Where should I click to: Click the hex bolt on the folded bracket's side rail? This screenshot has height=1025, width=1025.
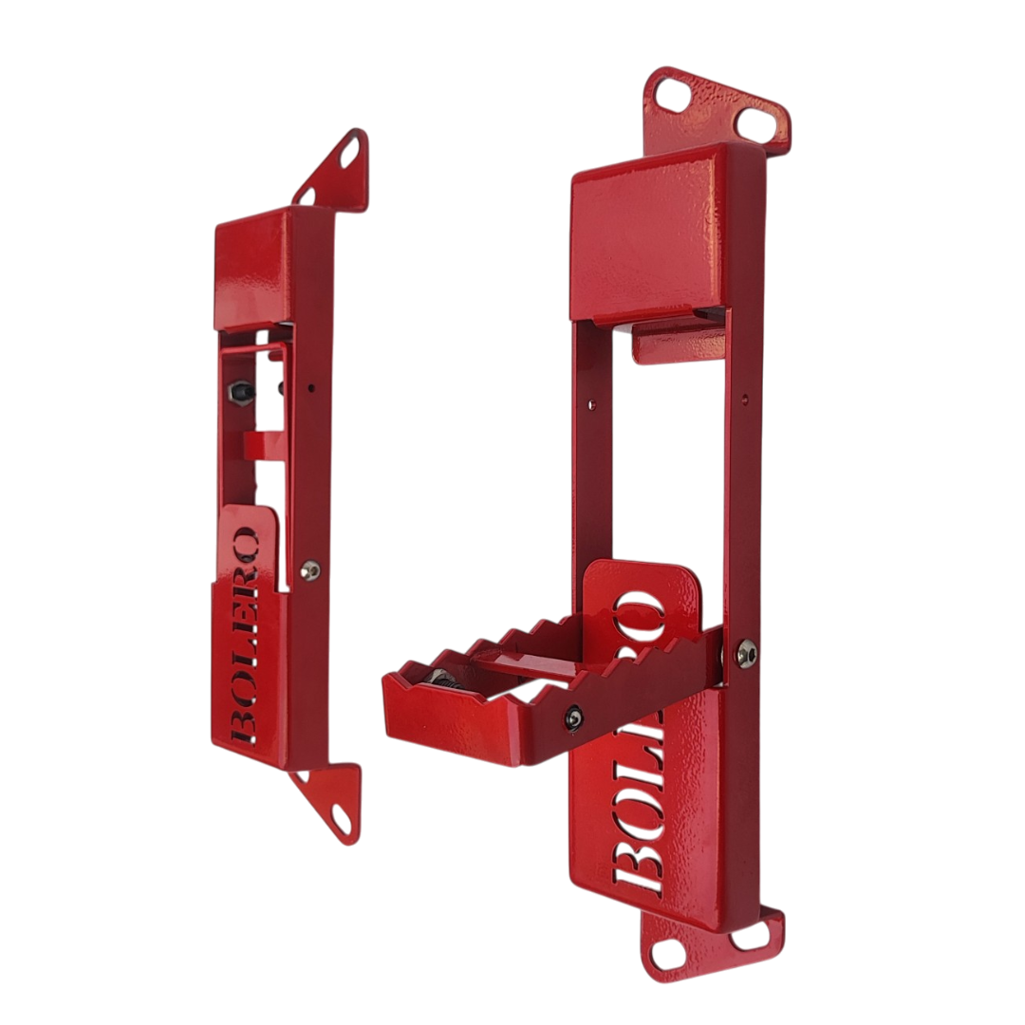(309, 569)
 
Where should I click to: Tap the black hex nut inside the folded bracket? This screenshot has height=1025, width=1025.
(241, 390)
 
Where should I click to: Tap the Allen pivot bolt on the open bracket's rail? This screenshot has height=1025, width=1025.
(746, 653)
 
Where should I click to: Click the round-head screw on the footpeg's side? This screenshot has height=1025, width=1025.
(574, 718)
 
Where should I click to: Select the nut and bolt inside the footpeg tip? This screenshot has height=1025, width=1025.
(440, 678)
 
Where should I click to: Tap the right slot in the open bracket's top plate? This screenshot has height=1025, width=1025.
(755, 122)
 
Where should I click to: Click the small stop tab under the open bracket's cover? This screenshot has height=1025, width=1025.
(678, 344)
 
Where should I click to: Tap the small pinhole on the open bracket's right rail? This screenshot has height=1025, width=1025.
(743, 400)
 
